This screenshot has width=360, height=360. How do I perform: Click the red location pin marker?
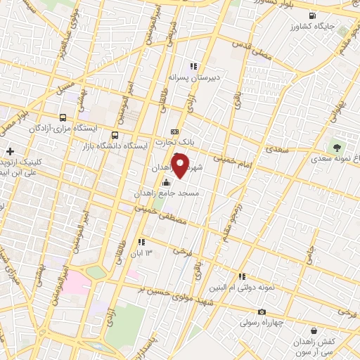click(180, 167)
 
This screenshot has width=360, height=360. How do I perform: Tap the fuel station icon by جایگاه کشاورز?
click(310, 15)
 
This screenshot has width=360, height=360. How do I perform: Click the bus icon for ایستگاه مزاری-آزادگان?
click(63, 118)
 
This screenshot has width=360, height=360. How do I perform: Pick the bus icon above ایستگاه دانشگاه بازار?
click(115, 135)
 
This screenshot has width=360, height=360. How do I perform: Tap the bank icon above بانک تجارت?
click(174, 131)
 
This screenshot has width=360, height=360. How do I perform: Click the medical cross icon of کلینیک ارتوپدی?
click(10, 150)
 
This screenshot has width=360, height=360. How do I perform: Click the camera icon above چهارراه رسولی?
click(262, 311)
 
